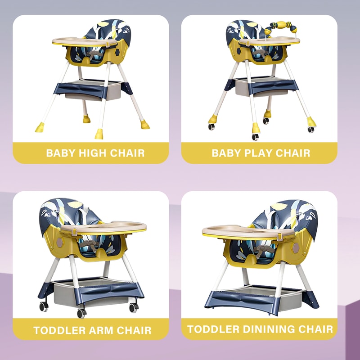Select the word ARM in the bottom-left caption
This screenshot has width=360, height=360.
point(95,330)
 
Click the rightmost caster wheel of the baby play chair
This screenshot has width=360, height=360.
point(310,129)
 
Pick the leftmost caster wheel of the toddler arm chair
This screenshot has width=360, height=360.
point(44,306)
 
